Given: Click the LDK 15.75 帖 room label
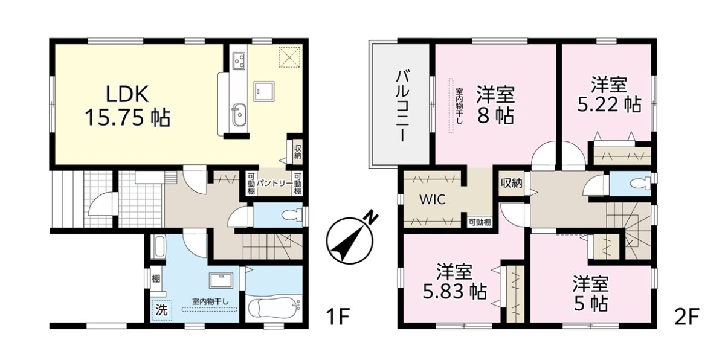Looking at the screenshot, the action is tap(127, 106).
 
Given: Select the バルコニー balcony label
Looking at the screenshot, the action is tap(402, 106).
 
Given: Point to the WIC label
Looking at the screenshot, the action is tap(433, 199).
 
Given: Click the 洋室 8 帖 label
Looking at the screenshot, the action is tap(495, 106).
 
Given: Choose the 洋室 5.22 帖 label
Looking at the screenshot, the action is tap(609, 94).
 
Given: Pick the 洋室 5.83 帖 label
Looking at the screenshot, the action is tap(454, 281).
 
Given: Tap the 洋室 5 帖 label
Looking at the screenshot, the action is tap(591, 294).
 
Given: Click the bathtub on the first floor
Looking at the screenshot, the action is tap(274, 309).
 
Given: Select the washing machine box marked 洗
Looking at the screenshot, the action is tap(161, 310).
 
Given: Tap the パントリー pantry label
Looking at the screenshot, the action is tap(274, 184).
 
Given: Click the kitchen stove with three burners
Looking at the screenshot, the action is tap(239, 60).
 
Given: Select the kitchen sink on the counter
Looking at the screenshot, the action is tap(239, 115).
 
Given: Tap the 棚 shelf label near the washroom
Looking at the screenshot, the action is tap(156, 278).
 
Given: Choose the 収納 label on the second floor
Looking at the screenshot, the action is tap(511, 184).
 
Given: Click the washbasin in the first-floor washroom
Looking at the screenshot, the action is tap(221, 280).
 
